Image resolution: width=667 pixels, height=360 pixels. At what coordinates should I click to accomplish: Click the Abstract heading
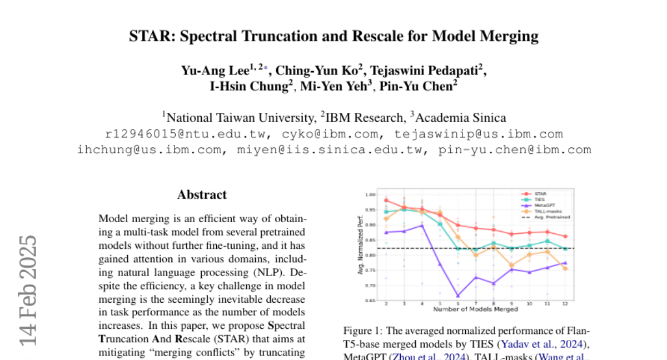pyautogui.click(x=202, y=194)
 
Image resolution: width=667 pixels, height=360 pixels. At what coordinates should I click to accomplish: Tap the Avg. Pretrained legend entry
pyautogui.click(x=550, y=217)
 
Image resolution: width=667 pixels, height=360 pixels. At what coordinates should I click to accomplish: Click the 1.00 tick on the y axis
pyautogui.click(x=371, y=195)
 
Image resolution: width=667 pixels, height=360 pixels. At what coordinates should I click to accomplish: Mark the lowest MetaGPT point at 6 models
pyautogui.click(x=457, y=296)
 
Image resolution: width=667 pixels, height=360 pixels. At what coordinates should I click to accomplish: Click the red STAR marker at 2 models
pyautogui.click(x=386, y=201)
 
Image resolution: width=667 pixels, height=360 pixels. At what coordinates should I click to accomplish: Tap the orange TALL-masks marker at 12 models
pyautogui.click(x=565, y=268)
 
